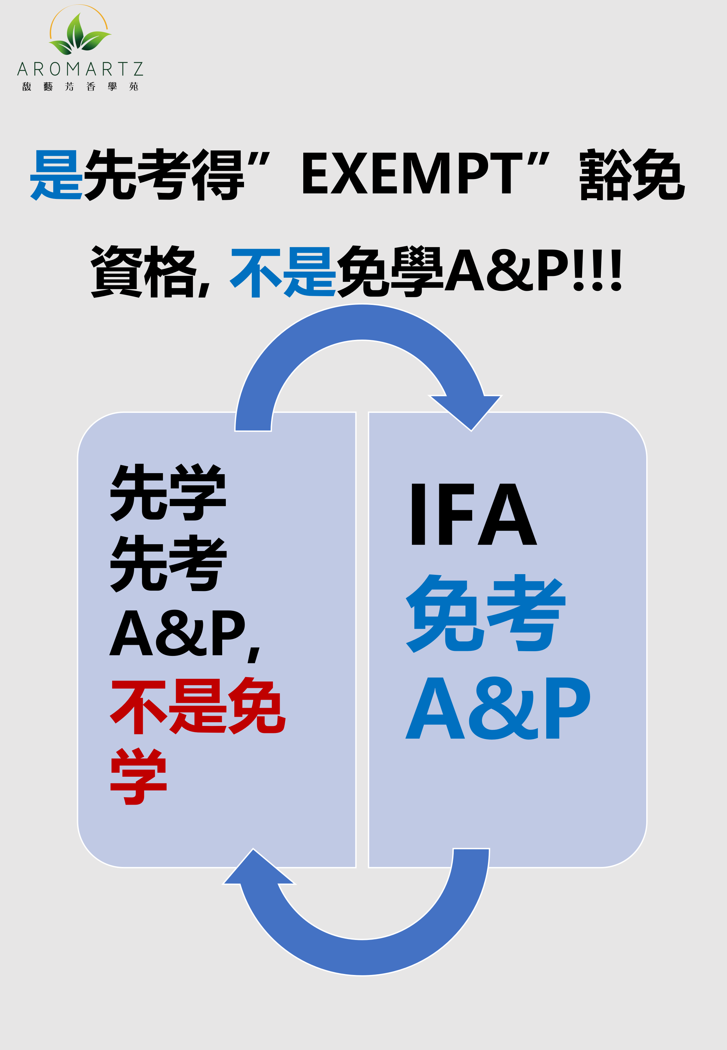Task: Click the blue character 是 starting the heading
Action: (x=56, y=174)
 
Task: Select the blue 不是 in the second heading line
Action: (x=282, y=272)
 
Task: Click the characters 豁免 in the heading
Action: (x=631, y=174)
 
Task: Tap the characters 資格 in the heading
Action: (x=143, y=272)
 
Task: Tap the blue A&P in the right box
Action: (x=497, y=708)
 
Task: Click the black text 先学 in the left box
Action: (x=168, y=492)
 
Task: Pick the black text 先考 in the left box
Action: (x=168, y=563)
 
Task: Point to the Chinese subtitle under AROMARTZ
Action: (x=80, y=86)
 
